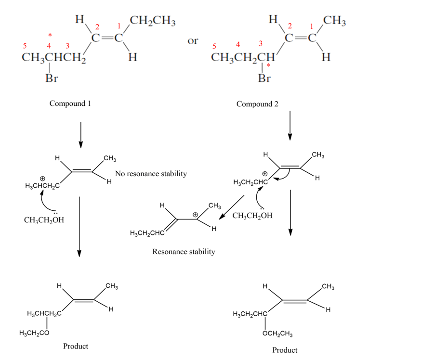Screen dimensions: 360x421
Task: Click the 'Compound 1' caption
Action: (x=70, y=103)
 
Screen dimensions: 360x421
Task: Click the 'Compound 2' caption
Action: (x=257, y=104)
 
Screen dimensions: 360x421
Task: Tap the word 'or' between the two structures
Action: (x=193, y=41)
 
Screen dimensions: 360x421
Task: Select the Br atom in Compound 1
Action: (x=52, y=78)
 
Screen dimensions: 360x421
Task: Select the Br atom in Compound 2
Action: (x=264, y=78)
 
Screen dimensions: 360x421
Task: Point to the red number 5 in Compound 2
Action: (x=215, y=46)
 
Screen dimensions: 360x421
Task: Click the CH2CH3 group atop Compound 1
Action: (x=153, y=22)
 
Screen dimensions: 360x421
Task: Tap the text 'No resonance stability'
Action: (x=151, y=173)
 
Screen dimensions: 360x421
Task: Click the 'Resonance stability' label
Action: (x=184, y=252)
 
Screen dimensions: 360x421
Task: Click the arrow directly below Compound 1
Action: (x=80, y=135)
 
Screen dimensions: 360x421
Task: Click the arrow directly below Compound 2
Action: (x=290, y=126)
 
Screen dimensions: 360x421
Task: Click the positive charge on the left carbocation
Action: (x=42, y=179)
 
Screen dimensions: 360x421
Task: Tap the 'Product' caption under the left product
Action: (x=76, y=347)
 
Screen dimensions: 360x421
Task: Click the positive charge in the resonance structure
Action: (x=196, y=215)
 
